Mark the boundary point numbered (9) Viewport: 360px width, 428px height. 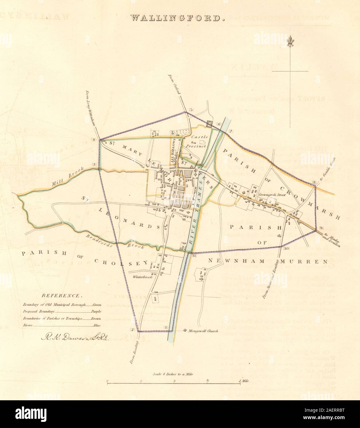coord(321,228)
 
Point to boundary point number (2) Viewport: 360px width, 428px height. coord(133,330)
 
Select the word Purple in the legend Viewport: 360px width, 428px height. coord(96,312)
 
